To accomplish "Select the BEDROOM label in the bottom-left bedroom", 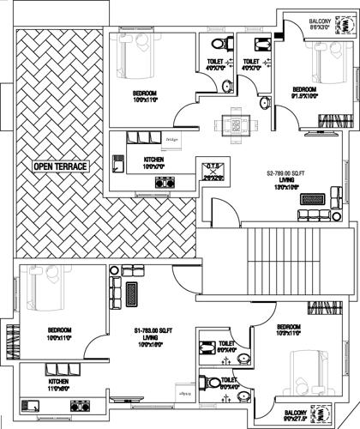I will tap(59, 329).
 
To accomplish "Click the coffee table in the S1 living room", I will tap(131, 295).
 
